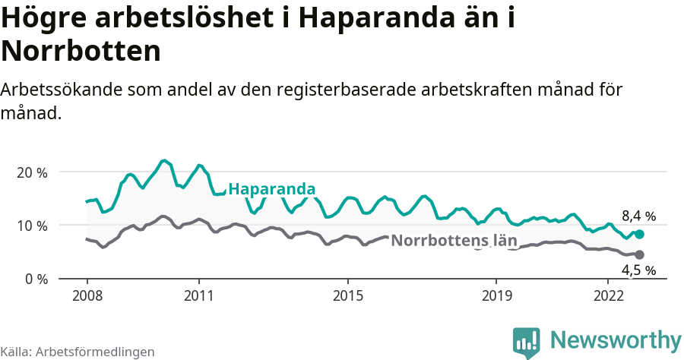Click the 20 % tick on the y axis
coord(31,172)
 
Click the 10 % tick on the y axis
coord(31,226)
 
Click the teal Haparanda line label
coord(271,189)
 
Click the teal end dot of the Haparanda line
coord(639,235)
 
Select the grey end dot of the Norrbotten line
coord(639,254)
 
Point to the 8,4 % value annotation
coord(638,216)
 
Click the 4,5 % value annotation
coord(638,270)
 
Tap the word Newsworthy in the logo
coord(616,339)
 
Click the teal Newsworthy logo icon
coord(526,342)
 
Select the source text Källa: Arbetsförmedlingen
coord(78,352)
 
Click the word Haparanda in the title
coord(377,18)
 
